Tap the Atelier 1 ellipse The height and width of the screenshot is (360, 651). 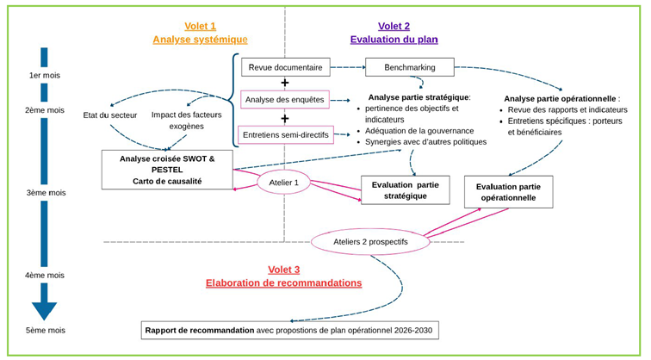tap(283, 182)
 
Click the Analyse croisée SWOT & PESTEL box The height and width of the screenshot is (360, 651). tap(167, 170)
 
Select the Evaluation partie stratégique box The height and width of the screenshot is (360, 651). tap(404, 190)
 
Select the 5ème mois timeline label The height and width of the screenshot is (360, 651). tap(46, 330)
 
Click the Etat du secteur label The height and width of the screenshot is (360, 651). tap(109, 115)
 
